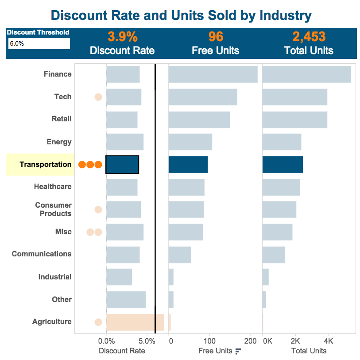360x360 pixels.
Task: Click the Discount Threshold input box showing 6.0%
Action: tap(39, 43)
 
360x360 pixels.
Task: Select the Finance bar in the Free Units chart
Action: tap(213, 74)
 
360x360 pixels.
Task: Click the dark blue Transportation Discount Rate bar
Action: tap(122, 164)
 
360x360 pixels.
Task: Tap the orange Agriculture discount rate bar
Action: tap(135, 322)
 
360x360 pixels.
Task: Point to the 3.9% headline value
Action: tap(122, 37)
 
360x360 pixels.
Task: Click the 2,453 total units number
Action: tap(309, 37)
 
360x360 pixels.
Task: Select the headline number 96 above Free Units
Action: tap(216, 37)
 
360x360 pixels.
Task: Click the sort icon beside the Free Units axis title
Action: tap(238, 351)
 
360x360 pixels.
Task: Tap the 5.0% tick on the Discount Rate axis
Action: tap(147, 341)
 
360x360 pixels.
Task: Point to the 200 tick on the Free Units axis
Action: tap(250, 341)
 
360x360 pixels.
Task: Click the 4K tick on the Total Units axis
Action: tap(328, 341)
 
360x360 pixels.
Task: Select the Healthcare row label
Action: tap(53, 186)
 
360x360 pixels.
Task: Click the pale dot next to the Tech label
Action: tap(98, 97)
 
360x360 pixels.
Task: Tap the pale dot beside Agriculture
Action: tap(98, 322)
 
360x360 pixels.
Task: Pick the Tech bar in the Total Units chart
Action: tap(294, 97)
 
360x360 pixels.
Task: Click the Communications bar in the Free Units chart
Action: tap(180, 255)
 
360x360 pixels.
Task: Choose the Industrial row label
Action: tap(55, 277)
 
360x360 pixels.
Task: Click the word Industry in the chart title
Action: tap(285, 15)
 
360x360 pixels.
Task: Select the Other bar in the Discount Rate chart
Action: tap(126, 299)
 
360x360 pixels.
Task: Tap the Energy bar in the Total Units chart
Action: tap(282, 142)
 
